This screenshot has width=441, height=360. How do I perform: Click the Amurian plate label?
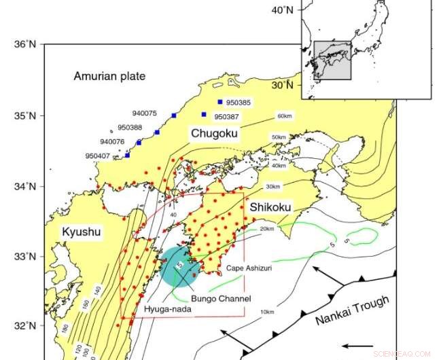109,76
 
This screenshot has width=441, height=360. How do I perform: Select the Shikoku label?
270,206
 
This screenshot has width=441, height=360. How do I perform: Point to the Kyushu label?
82,233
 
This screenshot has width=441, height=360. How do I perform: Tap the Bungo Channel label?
221,299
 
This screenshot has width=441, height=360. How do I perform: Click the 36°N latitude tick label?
24,45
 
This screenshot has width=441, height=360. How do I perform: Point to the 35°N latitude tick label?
24,115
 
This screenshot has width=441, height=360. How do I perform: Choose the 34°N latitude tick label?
24,186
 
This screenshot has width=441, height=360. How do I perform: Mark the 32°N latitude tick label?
24,325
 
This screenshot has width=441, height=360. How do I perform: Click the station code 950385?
239,103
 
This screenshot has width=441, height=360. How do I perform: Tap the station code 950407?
98,156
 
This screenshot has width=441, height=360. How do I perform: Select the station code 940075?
143,113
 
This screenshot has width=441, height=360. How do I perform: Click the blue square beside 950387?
204,114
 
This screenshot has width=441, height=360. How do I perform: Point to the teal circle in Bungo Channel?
180,266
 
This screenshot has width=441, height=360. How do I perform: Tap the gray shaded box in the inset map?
332,60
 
